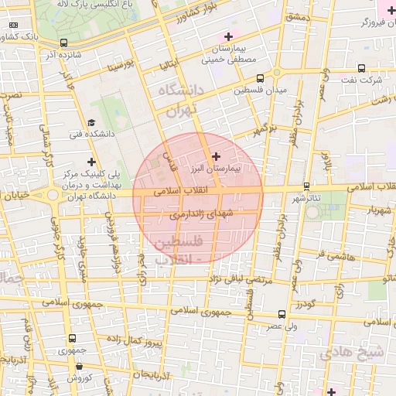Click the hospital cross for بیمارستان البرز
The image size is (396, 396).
pyautogui.click(x=216, y=156)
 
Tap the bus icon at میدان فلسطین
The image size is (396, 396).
pyautogui.click(x=259, y=78)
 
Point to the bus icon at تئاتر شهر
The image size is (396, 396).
pyautogui.click(x=307, y=186)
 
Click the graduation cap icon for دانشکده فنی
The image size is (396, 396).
pyautogui.click(x=91, y=122)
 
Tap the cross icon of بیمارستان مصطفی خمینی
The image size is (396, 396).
pyautogui.click(x=228, y=36)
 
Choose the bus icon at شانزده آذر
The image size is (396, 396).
pyautogui.click(x=63, y=43)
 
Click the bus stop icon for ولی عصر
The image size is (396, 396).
pyautogui.click(x=281, y=314)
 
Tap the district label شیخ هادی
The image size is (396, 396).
pyautogui.click(x=358, y=353)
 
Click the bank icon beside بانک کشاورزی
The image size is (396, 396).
pyautogui.click(x=13, y=25)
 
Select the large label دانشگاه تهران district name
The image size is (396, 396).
pyautogui.click(x=179, y=99)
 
